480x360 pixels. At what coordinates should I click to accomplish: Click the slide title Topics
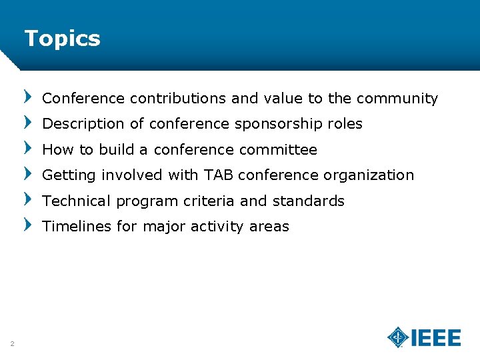click(x=62, y=39)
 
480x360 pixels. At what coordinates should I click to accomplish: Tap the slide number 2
click(x=12, y=343)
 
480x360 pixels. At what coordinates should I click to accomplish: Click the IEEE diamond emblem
click(x=398, y=337)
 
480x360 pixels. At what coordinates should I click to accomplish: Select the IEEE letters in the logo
click(x=436, y=338)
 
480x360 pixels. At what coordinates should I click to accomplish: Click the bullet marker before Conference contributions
click(x=27, y=97)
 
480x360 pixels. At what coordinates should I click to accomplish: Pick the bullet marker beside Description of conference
click(x=27, y=122)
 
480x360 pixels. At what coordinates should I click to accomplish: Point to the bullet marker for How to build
click(x=27, y=147)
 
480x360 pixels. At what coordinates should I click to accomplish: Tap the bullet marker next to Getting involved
click(x=27, y=173)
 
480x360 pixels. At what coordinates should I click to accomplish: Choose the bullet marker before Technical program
click(x=27, y=199)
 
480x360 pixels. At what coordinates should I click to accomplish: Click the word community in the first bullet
click(x=397, y=99)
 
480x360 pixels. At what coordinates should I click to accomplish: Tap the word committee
click(x=283, y=150)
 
